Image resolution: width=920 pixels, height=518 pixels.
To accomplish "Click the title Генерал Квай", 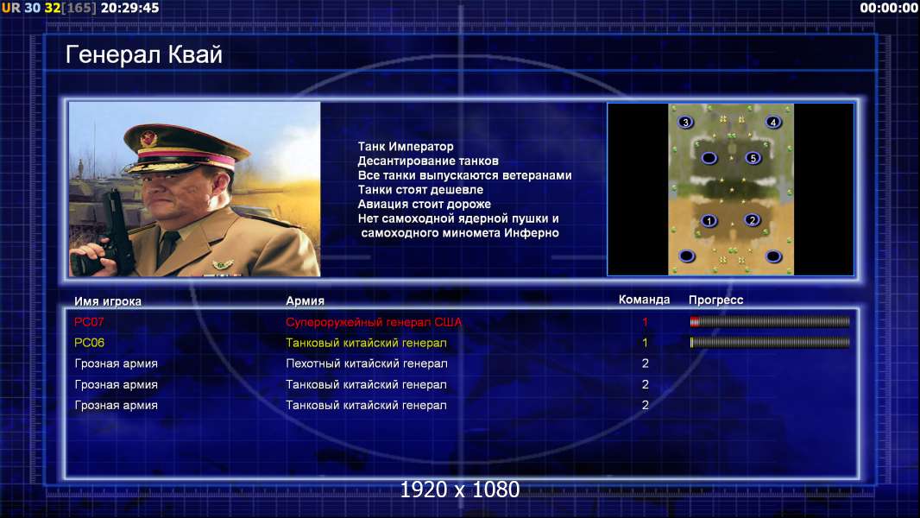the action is click(x=144, y=54).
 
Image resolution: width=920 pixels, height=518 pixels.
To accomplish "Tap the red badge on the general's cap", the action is click(x=148, y=139).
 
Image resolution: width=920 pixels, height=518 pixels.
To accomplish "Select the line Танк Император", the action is click(x=406, y=147).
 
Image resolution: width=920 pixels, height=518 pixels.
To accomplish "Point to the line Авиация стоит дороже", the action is click(x=425, y=204).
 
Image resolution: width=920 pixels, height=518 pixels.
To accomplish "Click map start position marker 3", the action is click(x=685, y=122).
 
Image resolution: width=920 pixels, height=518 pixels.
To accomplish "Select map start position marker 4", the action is click(x=772, y=122).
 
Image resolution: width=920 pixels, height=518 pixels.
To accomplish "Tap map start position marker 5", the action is click(x=753, y=158).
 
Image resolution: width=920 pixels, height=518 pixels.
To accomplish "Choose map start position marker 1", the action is click(x=709, y=220).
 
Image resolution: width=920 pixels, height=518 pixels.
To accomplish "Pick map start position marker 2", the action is click(x=752, y=220).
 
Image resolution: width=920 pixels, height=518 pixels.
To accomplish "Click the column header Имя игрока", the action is click(x=107, y=301).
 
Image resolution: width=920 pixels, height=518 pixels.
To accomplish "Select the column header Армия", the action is click(x=306, y=300).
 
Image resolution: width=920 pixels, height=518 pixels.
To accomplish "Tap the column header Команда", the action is click(x=644, y=300).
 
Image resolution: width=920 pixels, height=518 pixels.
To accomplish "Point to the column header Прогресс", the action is click(x=715, y=300).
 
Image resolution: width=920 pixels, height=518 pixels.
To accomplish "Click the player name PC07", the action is click(x=89, y=321).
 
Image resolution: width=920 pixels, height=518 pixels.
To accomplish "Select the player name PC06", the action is click(x=89, y=343).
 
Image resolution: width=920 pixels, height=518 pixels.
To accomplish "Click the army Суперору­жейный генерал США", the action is click(x=374, y=322).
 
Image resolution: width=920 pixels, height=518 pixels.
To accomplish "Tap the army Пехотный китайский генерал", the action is click(x=366, y=363).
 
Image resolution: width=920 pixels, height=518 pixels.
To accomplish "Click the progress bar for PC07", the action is click(x=770, y=321).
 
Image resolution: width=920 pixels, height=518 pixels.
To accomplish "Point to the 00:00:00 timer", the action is click(x=888, y=8).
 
